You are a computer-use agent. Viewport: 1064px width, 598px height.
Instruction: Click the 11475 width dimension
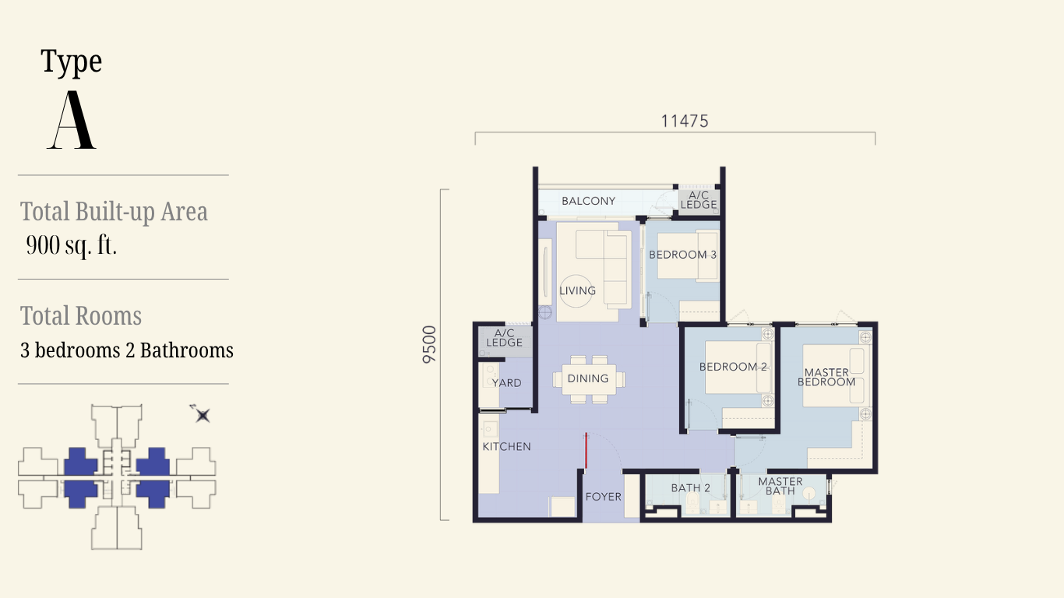(685, 121)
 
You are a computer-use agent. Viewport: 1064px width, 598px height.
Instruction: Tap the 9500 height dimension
(429, 345)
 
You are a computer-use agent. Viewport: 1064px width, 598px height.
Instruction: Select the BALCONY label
(589, 201)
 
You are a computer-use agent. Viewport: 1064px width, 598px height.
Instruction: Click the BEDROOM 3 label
(682, 255)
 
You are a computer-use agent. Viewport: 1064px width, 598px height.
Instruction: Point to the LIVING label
(578, 290)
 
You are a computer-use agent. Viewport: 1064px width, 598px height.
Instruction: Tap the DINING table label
(588, 378)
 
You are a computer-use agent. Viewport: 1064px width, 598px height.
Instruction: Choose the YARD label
(507, 383)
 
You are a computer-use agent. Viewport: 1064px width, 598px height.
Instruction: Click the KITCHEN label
(507, 446)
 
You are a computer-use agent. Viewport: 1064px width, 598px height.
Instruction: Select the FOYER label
(603, 497)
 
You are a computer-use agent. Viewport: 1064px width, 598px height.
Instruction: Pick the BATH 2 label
(691, 487)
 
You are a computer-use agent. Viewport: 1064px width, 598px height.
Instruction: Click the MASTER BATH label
(780, 486)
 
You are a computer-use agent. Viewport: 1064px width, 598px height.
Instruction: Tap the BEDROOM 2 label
(733, 367)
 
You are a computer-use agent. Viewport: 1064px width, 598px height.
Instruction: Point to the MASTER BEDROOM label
(826, 377)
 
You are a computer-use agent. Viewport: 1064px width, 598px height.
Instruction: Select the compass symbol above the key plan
(202, 414)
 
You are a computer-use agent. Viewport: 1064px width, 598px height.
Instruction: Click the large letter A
(72, 120)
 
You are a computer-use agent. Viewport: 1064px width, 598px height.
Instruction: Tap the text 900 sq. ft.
(71, 245)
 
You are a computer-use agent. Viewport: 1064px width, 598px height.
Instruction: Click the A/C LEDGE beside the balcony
(698, 200)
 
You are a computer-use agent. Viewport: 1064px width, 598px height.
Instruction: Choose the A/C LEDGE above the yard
(505, 338)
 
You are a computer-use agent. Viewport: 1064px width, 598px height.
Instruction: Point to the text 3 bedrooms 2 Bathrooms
(127, 350)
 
